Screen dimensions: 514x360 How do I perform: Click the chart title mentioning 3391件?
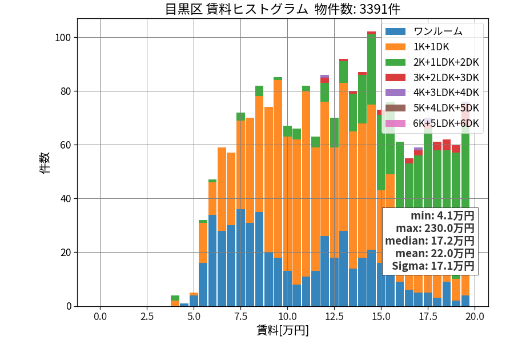coord(282,9)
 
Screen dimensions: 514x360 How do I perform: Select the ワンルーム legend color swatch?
coord(395,31)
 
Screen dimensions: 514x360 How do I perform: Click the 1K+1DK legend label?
coord(431,47)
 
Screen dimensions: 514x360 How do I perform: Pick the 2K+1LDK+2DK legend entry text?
coord(446,62)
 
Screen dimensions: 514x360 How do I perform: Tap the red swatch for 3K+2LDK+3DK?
coord(395,77)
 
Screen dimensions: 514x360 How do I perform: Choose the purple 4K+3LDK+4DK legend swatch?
coord(395,93)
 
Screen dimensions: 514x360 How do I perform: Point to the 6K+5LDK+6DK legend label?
coord(446,123)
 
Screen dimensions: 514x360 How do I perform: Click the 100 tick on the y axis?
coord(63,37)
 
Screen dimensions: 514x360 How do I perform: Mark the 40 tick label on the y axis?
coord(66,199)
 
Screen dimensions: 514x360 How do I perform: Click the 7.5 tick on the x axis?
coord(240,317)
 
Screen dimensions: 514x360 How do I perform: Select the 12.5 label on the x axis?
coord(334,317)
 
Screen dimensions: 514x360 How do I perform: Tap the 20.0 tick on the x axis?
coord(475,317)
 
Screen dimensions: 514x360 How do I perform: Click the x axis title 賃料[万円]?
coord(283,330)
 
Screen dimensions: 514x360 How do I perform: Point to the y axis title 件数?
coord(45,163)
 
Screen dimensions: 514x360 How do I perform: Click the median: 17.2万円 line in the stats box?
coord(429,241)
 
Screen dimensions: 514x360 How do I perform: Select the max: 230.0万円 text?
coord(435,228)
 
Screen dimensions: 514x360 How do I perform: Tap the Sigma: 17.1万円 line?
coord(433,266)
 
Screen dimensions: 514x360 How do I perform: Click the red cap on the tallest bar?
coord(371,33)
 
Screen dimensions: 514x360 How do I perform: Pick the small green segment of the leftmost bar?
coord(175,298)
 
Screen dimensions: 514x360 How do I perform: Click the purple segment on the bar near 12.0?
coord(324,76)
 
